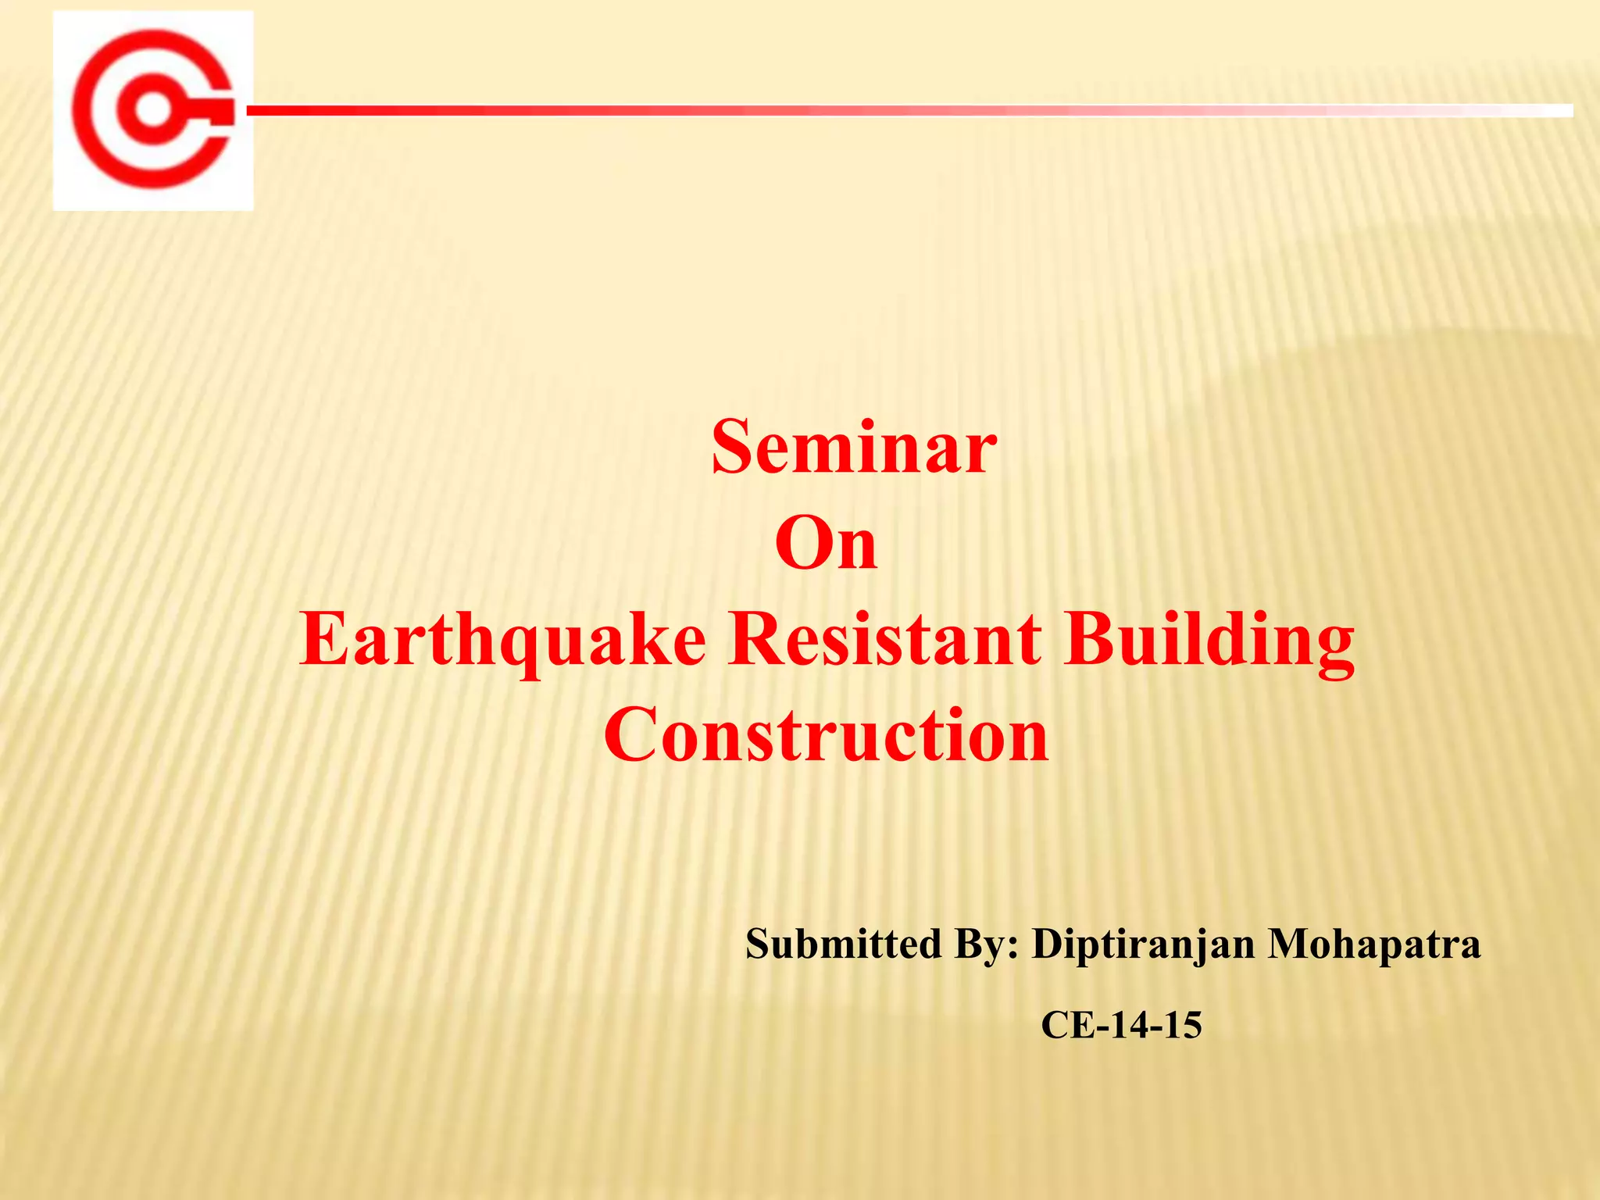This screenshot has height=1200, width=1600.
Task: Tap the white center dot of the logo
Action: pos(154,110)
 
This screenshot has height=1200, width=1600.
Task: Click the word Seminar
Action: pos(853,447)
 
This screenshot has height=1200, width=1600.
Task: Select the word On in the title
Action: pos(826,545)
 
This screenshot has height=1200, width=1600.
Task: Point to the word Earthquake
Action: pos(502,641)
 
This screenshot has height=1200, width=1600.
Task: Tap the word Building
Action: pos(1209,641)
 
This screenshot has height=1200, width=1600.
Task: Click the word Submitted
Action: pos(843,944)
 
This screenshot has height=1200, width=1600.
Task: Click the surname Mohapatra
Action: pos(1373,945)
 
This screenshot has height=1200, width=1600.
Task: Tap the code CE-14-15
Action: pos(1121,1025)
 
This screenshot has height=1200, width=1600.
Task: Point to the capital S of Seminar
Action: pos(731,447)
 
